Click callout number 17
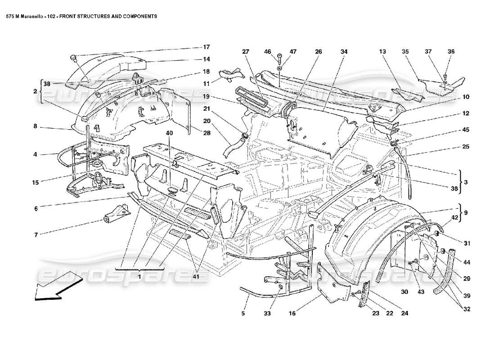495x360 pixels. coord(206,47)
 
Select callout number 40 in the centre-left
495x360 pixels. coord(169,133)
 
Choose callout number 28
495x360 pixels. coord(206,133)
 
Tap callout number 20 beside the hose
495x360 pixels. coord(206,121)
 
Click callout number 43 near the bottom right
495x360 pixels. coord(420,292)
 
